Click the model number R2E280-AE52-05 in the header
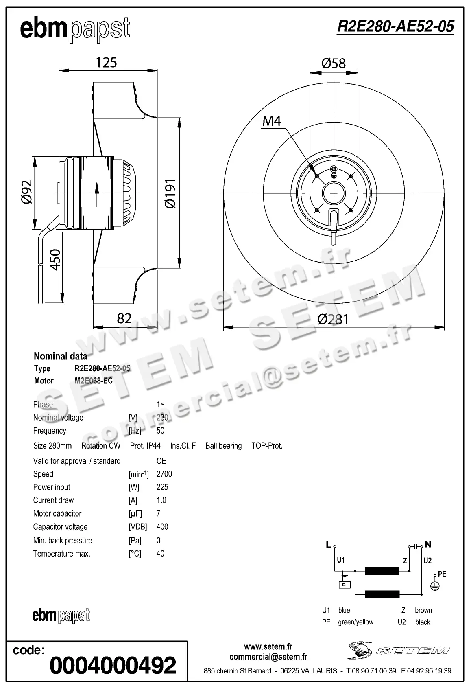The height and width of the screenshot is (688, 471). click(395, 27)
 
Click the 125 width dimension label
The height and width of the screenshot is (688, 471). click(106, 63)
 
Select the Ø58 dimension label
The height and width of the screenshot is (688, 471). click(333, 63)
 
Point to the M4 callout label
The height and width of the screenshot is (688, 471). click(272, 121)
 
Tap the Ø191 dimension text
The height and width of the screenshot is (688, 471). click(170, 193)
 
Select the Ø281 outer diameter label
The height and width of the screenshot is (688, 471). click(333, 319)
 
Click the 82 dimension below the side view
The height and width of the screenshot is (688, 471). click(124, 318)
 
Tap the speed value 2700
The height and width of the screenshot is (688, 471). click(164, 474)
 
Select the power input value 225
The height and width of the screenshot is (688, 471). click(162, 487)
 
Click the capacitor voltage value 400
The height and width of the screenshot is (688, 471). click(162, 526)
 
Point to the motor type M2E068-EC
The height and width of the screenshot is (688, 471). click(94, 381)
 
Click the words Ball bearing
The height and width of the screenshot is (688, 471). click(223, 446)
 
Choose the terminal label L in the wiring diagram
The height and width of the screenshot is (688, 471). click(328, 545)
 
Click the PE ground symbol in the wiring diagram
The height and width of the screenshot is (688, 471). click(435, 585)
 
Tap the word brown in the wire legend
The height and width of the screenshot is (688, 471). click(423, 610)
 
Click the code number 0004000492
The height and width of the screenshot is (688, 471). click(113, 665)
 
